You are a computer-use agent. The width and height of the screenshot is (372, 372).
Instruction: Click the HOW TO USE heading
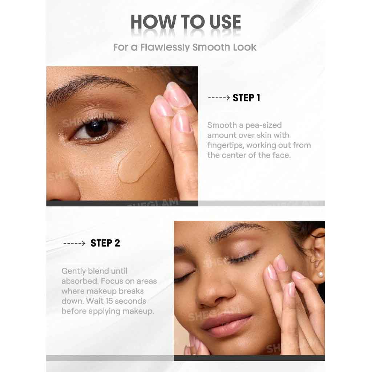tap(186, 22)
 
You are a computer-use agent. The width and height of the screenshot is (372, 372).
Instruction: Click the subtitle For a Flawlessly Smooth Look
tap(185, 47)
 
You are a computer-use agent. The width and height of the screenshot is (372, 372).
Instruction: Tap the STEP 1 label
tap(246, 98)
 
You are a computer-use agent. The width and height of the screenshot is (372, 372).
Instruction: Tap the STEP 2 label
tap(105, 243)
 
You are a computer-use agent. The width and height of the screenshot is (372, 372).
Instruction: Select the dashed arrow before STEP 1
tap(219, 98)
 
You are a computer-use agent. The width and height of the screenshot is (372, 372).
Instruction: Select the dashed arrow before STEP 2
tap(74, 243)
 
